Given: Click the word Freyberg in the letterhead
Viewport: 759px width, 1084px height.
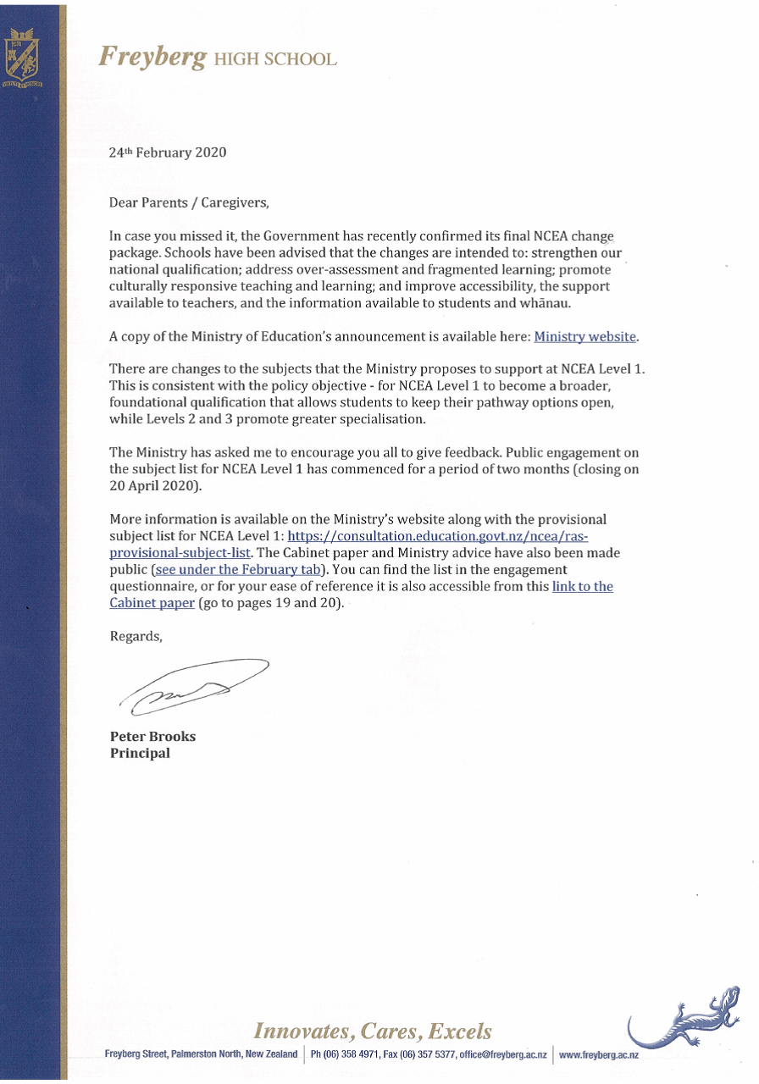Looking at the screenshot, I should coord(152,57).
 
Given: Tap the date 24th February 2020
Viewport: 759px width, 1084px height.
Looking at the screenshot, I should coord(168,153).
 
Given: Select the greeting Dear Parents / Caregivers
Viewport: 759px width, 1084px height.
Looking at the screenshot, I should coord(188,203).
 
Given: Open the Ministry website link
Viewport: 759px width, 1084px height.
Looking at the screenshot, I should coord(584,336).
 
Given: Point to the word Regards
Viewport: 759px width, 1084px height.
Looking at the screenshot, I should coord(135,637).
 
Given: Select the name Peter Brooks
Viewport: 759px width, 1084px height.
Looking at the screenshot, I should coord(152,737).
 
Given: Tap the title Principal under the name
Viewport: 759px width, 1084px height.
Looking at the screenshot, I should coord(140,753).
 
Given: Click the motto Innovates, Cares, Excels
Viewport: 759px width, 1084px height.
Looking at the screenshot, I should coord(373,1031).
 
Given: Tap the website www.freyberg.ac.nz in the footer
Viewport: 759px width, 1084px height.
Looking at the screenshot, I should coord(599,1055).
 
